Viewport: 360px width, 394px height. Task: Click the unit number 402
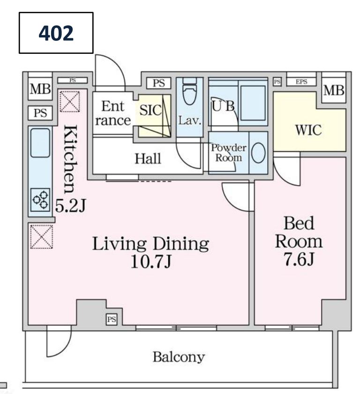(56, 33)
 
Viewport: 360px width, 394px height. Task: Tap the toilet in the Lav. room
(189, 91)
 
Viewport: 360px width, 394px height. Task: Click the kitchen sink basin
(40, 143)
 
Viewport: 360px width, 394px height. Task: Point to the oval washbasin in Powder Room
(258, 153)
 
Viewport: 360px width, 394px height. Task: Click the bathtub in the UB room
(253, 103)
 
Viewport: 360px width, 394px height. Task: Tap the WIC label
(308, 130)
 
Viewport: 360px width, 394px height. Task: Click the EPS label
(301, 82)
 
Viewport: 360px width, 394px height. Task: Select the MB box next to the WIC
(334, 90)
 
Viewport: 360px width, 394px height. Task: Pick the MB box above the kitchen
(40, 89)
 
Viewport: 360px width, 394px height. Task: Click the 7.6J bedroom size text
(299, 259)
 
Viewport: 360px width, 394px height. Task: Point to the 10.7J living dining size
(151, 262)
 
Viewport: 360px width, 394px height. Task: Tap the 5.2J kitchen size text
(70, 206)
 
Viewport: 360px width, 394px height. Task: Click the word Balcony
(179, 357)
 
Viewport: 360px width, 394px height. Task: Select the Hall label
(148, 159)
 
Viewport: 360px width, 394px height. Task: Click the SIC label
(150, 110)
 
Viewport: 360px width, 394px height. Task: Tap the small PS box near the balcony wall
(112, 320)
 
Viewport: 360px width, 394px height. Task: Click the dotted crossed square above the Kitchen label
(70, 102)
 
